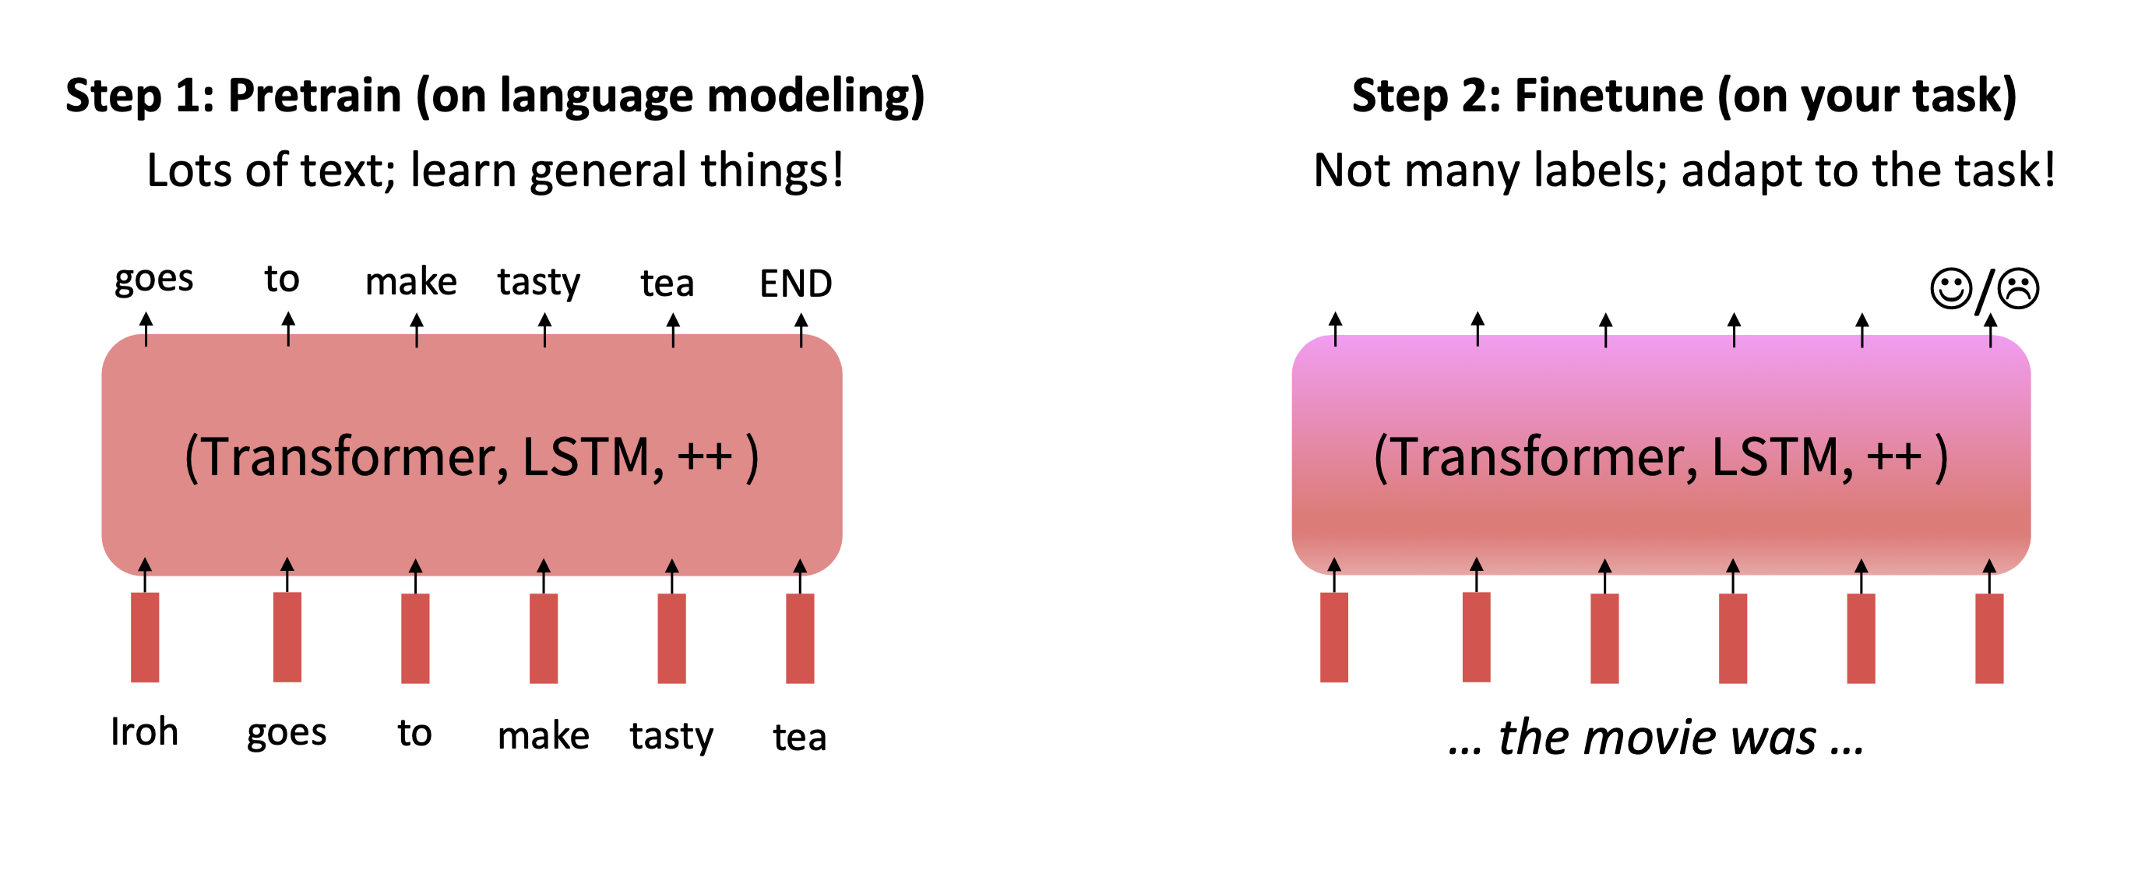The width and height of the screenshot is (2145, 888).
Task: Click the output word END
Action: click(x=795, y=284)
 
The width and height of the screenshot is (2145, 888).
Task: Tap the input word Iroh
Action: click(x=144, y=732)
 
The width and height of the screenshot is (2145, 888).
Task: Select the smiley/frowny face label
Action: click(x=1985, y=289)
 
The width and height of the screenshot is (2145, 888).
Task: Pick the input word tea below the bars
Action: click(x=799, y=737)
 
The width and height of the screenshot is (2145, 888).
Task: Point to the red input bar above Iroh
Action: click(x=145, y=637)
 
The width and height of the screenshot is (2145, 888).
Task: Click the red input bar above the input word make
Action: click(x=544, y=638)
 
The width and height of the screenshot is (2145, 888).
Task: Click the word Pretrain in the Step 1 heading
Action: click(x=315, y=96)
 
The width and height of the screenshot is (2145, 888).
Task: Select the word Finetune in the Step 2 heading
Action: click(x=1609, y=96)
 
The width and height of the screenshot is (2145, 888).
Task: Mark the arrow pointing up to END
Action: click(x=801, y=329)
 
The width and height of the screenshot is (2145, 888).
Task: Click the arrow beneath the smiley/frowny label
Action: click(x=1990, y=329)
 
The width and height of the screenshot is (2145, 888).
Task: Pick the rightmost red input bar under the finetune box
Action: click(x=1989, y=638)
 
